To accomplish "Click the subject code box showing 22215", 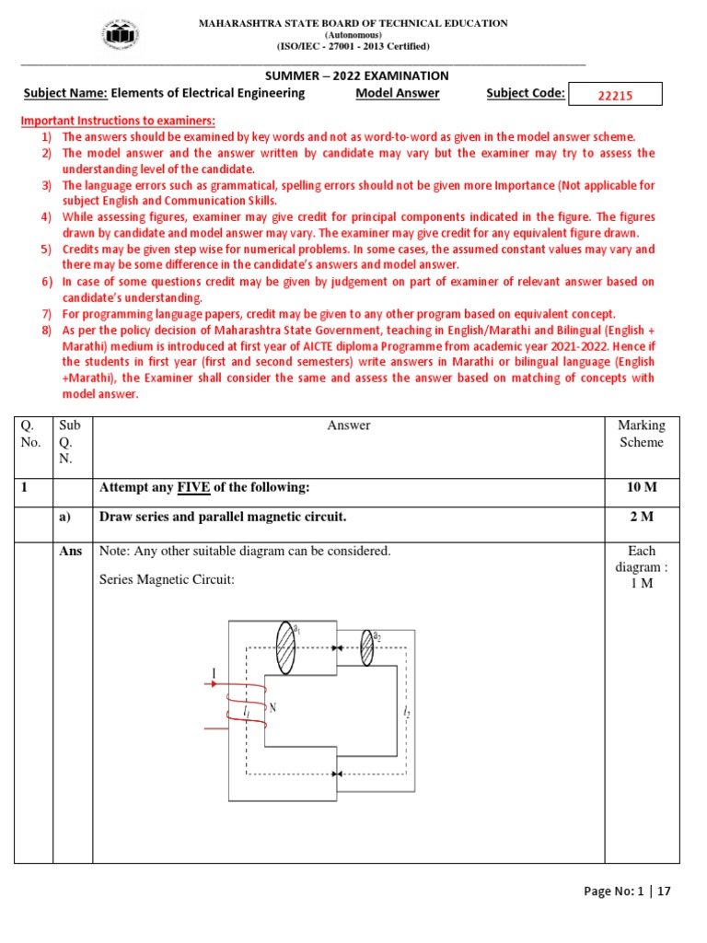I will tap(615, 95).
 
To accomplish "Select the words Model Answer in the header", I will tap(397, 93).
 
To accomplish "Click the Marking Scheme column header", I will tap(641, 434).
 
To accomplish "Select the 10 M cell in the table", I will tap(641, 486).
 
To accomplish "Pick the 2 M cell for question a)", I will tap(641, 518).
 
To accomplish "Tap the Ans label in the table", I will tap(72, 552).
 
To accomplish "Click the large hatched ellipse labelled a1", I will tap(286, 646).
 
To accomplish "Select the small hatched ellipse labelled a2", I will tap(366, 647).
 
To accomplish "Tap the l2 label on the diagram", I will tap(406, 712).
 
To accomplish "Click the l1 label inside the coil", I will tap(246, 712).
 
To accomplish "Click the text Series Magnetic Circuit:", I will tap(167, 580).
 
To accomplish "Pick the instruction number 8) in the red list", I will tap(46, 329).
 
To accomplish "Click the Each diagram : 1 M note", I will tap(641, 567).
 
